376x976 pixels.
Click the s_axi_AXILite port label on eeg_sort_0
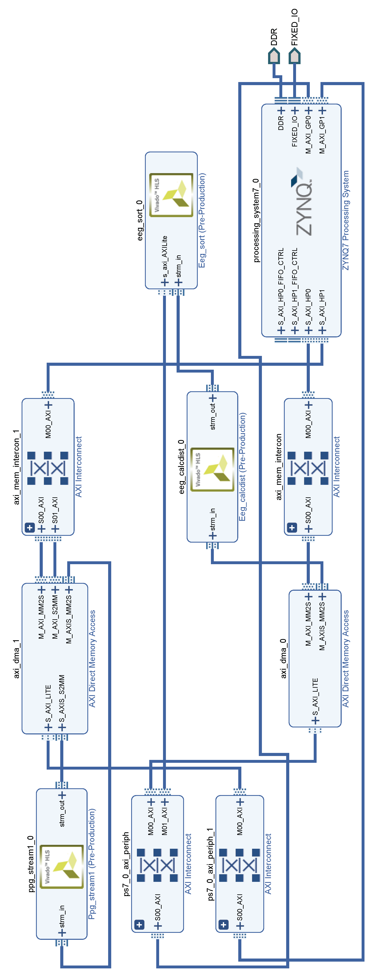click(x=165, y=258)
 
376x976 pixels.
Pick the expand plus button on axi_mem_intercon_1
click(x=30, y=527)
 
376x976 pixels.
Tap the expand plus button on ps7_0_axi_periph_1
click(x=223, y=924)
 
